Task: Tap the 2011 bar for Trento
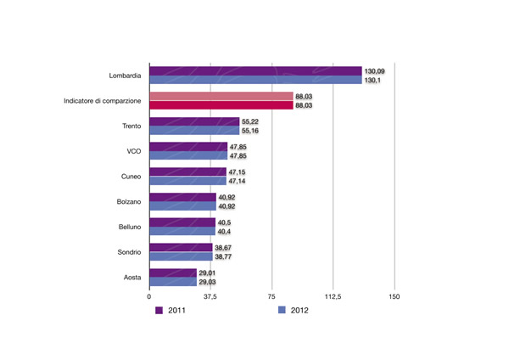(x=194, y=122)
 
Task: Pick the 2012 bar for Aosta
(x=172, y=282)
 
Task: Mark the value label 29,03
(x=209, y=282)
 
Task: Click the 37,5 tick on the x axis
(x=210, y=297)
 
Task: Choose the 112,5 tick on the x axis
(x=333, y=297)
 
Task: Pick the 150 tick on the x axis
(x=394, y=297)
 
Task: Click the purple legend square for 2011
(x=159, y=311)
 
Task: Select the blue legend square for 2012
(x=282, y=311)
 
